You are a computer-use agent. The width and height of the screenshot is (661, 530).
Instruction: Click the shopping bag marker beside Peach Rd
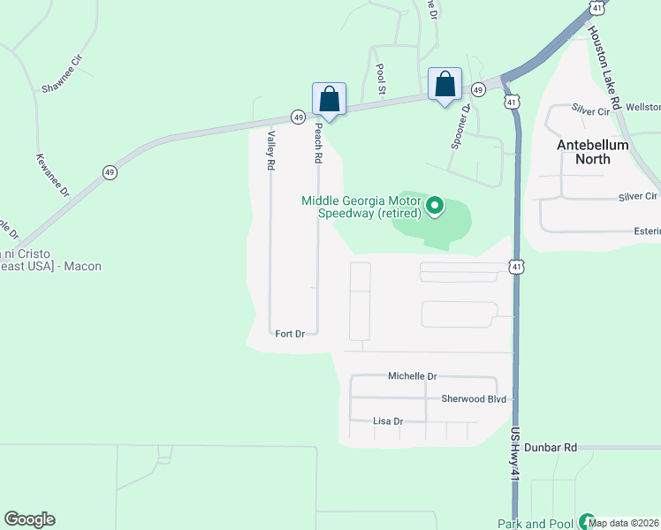coord(329,99)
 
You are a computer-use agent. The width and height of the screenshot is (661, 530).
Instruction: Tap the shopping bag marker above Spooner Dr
coord(445,85)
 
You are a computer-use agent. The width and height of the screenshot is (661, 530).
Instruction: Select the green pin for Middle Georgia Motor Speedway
coord(435,208)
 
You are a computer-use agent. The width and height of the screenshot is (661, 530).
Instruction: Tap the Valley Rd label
coord(271,149)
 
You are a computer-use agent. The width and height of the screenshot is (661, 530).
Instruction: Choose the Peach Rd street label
coord(316,144)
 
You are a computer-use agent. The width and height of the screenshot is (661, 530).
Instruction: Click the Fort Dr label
coord(290,334)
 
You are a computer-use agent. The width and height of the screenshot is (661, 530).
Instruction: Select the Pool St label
coord(382,79)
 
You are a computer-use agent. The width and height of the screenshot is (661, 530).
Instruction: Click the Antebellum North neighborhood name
coord(593,152)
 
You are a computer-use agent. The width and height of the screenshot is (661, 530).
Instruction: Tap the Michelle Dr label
coord(413,376)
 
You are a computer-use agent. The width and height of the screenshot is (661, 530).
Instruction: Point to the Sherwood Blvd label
coord(474,399)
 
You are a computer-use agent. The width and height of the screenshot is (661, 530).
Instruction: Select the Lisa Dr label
coord(388,422)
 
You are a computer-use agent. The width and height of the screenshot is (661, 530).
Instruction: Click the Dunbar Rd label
coord(550,448)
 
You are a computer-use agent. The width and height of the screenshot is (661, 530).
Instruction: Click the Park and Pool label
coord(536,524)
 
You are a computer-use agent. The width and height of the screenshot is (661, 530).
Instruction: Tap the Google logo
coord(29,519)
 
